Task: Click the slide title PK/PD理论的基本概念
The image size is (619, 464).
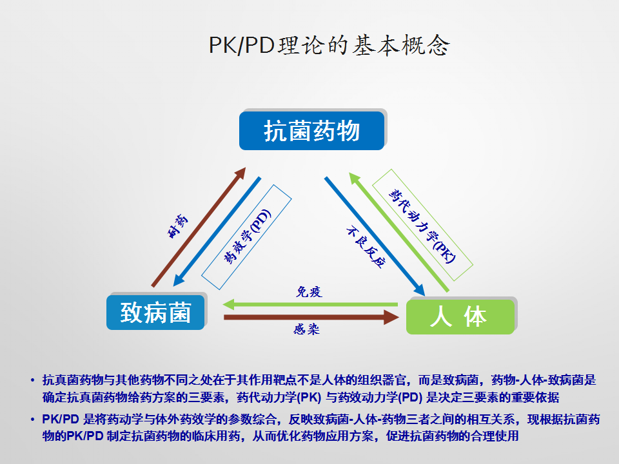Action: [x=329, y=45]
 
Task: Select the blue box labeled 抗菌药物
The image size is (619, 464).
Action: [x=312, y=131]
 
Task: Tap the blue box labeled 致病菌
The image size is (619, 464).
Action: [x=155, y=313]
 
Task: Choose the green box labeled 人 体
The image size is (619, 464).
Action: [x=460, y=316]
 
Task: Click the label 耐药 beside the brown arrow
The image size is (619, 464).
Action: [x=178, y=226]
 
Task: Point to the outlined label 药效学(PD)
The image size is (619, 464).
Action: [x=247, y=237]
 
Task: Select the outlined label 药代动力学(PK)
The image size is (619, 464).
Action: [x=422, y=226]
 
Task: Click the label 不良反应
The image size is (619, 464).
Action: [x=366, y=247]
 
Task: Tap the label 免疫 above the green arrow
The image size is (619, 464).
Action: [x=309, y=291]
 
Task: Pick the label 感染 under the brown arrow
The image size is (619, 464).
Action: [x=306, y=329]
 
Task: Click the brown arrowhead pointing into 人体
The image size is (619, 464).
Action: [x=391, y=317]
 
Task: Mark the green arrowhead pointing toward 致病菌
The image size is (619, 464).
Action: [x=229, y=304]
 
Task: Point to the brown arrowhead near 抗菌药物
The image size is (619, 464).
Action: [x=239, y=173]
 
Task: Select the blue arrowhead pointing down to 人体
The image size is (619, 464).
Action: [x=418, y=289]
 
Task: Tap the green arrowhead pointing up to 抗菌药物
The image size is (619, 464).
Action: [x=355, y=179]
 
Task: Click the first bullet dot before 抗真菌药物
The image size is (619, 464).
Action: [x=32, y=381]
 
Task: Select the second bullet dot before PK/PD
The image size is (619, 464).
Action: [x=32, y=420]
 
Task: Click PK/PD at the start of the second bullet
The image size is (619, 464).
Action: [x=61, y=420]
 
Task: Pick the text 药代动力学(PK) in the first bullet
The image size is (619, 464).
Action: [x=279, y=397]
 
